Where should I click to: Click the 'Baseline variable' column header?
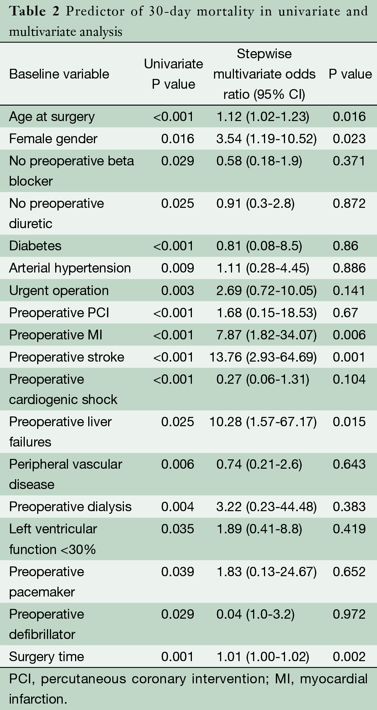59,74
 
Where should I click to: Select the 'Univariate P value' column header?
173,74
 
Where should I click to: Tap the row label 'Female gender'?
53,139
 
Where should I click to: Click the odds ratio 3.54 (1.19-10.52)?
266,139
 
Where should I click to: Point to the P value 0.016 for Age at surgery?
349,117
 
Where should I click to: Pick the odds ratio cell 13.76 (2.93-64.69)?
263,357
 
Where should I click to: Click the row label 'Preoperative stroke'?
66,357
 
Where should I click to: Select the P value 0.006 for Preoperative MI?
349,335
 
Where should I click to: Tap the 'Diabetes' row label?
35,246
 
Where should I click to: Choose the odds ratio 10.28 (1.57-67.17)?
263,422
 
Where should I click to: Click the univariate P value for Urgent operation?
178,291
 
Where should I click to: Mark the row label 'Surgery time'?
46,657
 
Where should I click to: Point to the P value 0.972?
349,614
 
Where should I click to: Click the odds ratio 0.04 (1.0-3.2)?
255,614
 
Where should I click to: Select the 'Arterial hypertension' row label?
70,268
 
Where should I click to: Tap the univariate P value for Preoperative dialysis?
178,507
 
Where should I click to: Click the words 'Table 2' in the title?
34,11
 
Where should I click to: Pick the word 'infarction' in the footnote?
37,699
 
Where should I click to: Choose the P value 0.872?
349,203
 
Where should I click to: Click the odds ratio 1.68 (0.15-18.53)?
266,313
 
